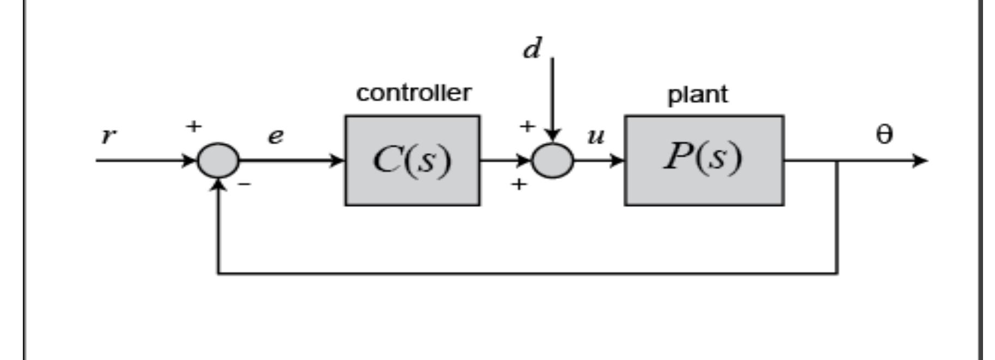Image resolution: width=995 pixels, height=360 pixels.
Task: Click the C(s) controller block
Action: [412, 160]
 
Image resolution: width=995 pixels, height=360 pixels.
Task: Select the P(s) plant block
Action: [704, 160]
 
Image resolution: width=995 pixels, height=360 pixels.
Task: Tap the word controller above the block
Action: [413, 93]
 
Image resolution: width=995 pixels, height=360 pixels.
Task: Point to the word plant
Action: [697, 95]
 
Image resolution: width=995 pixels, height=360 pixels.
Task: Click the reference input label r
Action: [109, 136]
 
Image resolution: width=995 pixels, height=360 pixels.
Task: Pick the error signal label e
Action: [276, 136]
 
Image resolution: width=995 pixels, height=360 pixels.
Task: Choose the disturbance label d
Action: [532, 49]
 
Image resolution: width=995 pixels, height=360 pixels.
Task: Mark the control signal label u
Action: [596, 136]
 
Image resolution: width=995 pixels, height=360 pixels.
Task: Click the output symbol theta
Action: [884, 135]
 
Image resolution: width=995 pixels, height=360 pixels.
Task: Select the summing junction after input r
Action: [218, 161]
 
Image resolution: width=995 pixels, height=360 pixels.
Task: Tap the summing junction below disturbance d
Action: [552, 161]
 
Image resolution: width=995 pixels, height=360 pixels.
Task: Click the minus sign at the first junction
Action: [245, 185]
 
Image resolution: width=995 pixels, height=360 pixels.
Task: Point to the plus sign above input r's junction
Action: [193, 126]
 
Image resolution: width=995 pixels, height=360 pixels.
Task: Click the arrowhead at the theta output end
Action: [920, 161]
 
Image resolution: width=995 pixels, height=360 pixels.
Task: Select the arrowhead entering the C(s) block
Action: [338, 161]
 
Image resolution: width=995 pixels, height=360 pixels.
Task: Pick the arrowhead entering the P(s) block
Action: [618, 161]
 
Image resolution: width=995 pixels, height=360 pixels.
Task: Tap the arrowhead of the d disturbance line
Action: [552, 136]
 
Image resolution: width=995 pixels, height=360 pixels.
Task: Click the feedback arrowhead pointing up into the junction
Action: [218, 185]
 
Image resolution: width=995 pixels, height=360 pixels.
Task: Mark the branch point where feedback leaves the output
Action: [837, 161]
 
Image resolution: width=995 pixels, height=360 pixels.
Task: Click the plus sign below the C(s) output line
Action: [519, 185]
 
